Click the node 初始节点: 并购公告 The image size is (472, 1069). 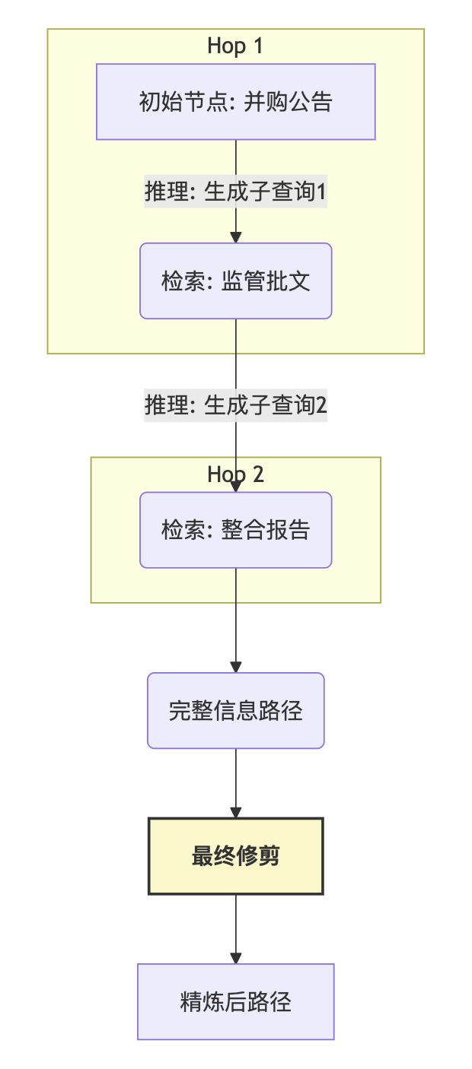[236, 102]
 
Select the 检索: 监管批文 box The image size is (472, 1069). [236, 281]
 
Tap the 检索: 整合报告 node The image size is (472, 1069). [236, 530]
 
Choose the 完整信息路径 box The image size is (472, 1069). [236, 711]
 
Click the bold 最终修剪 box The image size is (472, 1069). [236, 856]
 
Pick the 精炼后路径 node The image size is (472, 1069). [236, 1001]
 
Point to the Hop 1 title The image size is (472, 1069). [235, 46]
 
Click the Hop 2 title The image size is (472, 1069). [235, 474]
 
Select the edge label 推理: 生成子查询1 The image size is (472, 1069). [236, 192]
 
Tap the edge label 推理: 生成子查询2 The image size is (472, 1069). [236, 405]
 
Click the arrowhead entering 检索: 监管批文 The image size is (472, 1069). [236, 236]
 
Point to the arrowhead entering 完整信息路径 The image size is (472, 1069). [236, 667]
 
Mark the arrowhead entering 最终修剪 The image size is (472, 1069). [236, 812]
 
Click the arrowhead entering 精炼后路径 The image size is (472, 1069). [236, 958]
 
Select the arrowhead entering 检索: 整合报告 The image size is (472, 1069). [236, 486]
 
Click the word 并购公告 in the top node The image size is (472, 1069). [288, 102]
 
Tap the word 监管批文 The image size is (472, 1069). [266, 281]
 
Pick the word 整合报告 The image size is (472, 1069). [266, 530]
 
